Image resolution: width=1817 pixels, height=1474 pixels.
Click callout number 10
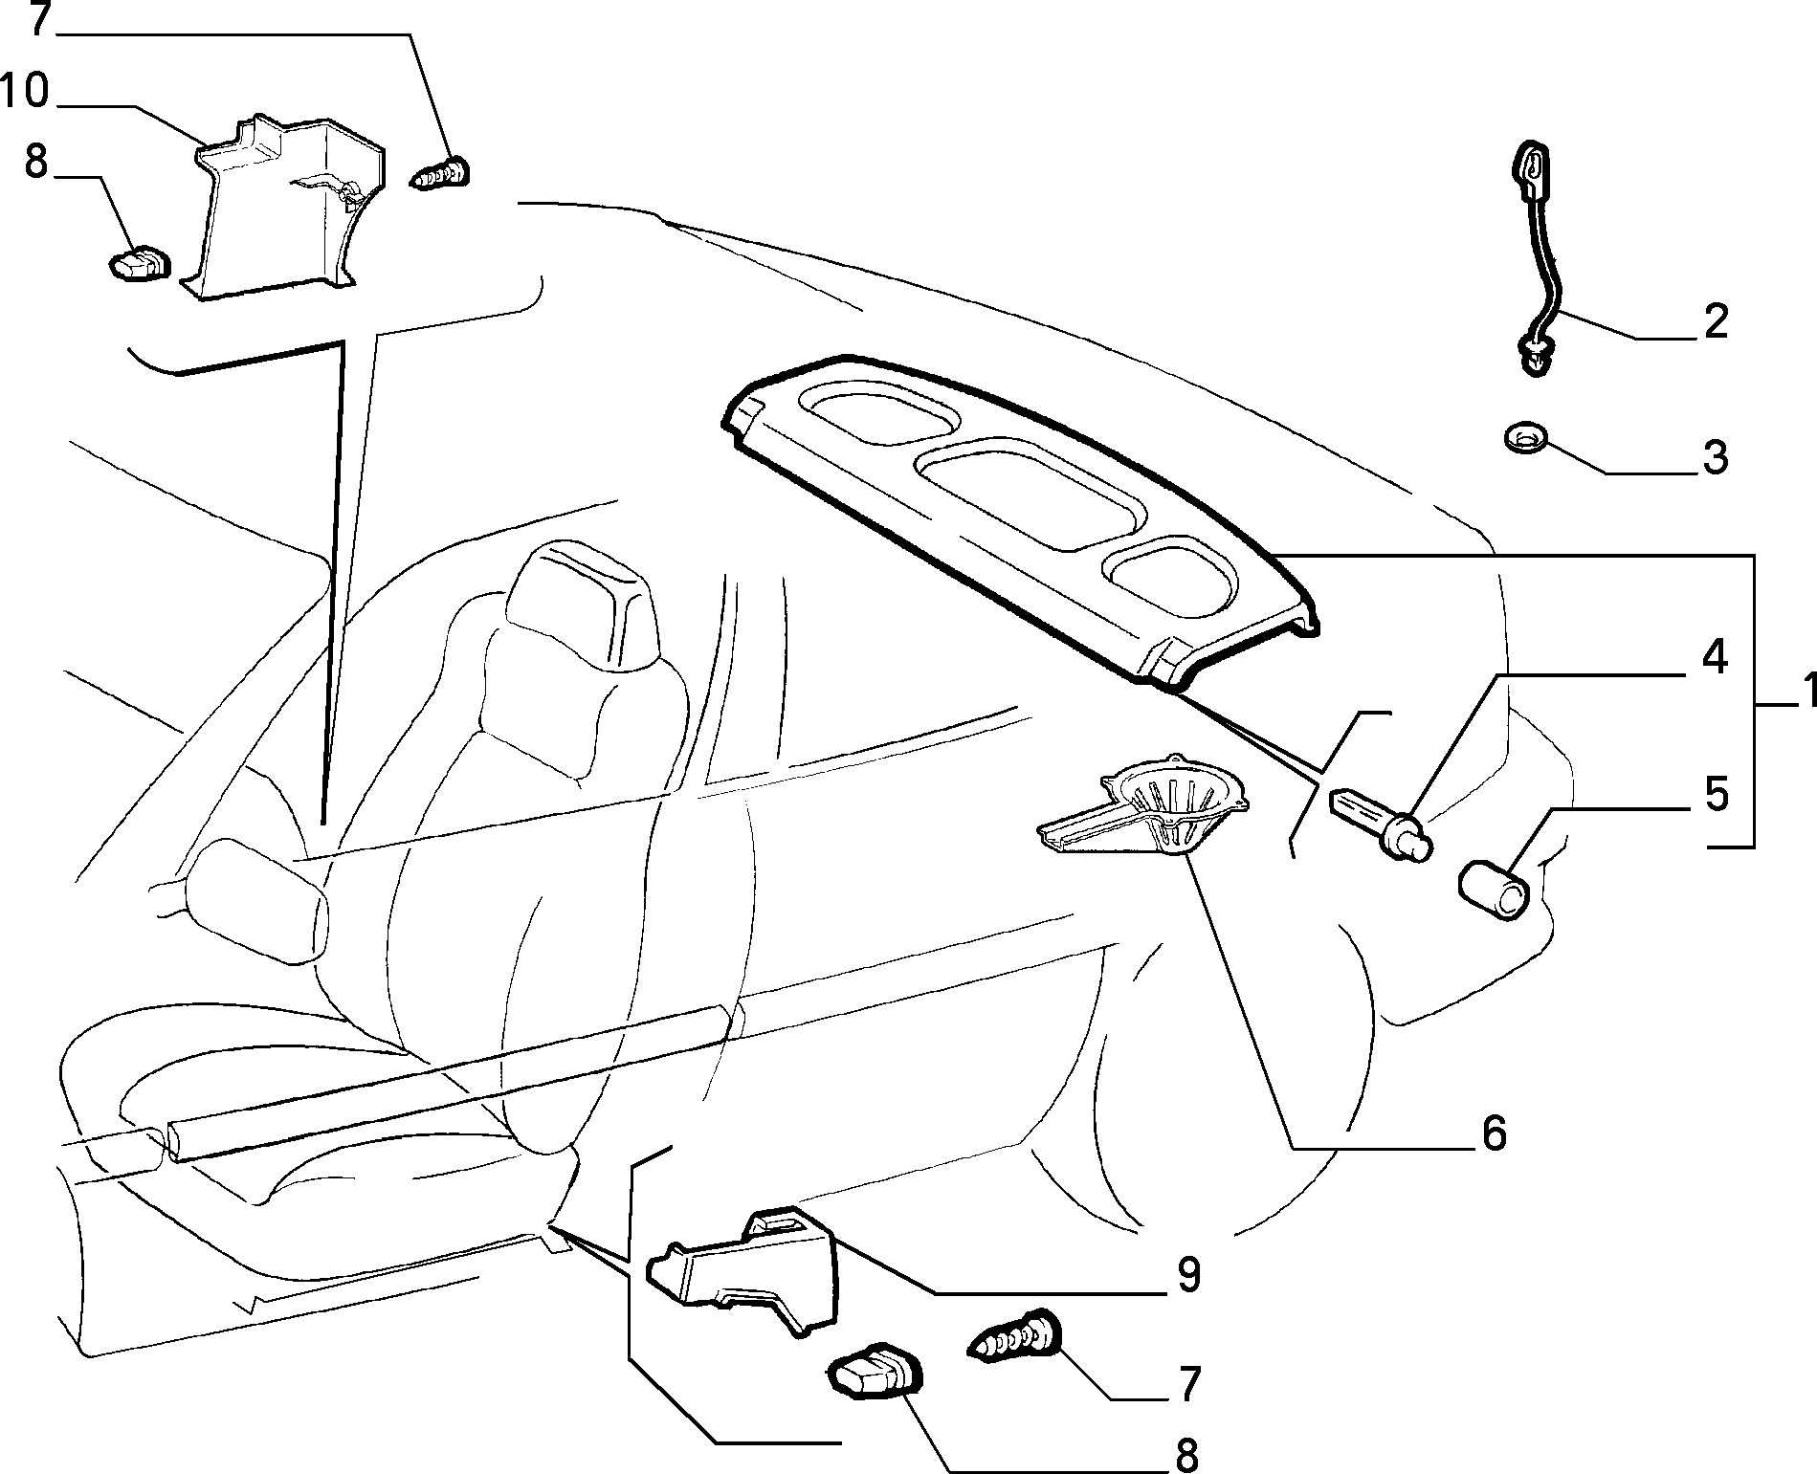(x=25, y=93)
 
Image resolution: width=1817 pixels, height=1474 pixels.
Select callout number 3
(x=1714, y=457)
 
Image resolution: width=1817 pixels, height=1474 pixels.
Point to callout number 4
(x=1713, y=658)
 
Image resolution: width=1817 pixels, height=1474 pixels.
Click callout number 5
(x=1714, y=795)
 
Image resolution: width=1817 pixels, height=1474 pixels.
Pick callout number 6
(x=1493, y=1133)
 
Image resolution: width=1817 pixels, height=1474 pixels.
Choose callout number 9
(x=1187, y=1275)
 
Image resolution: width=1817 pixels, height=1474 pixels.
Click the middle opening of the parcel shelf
(x=1030, y=495)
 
